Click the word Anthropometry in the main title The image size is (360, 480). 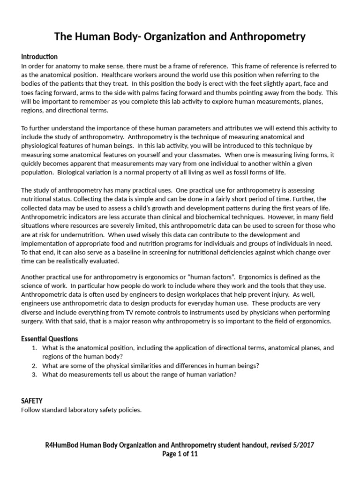[264, 36]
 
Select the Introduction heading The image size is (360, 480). [39, 57]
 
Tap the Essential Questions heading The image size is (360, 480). [50, 339]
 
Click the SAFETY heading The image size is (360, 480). [32, 401]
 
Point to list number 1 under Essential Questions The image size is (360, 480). [34, 348]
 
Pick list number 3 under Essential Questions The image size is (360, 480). [34, 375]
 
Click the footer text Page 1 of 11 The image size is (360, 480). [180, 454]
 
